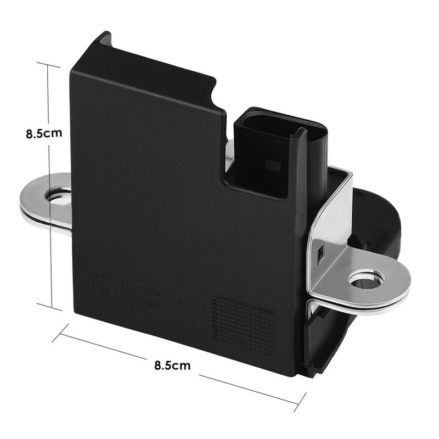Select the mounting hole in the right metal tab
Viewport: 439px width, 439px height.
click(365, 280)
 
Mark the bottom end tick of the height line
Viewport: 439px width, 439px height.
click(49, 305)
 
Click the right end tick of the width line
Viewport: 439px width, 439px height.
click(300, 403)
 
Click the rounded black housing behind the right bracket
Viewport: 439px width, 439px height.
click(379, 214)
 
